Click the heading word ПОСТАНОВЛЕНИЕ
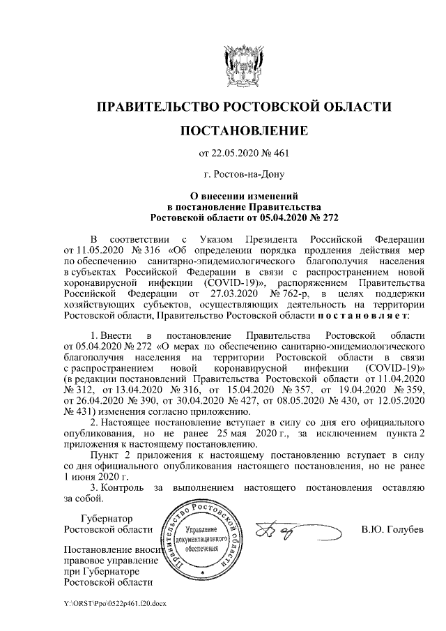(x=243, y=130)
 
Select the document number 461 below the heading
(x=280, y=153)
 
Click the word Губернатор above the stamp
(x=107, y=518)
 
